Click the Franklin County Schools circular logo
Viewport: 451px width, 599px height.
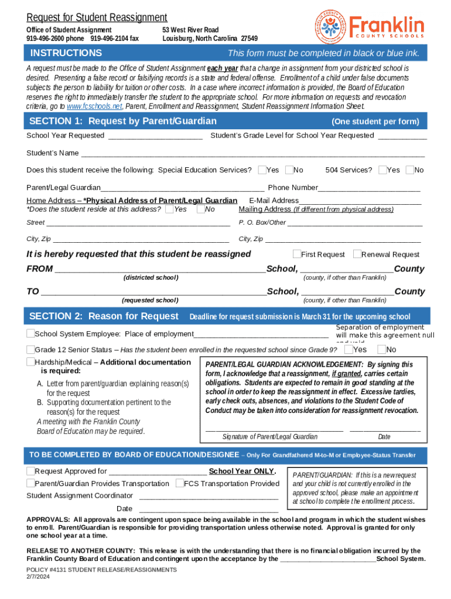(330, 27)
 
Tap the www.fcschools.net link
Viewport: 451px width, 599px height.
(95, 106)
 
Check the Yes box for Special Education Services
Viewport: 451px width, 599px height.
(262, 170)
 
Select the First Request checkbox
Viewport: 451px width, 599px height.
(296, 254)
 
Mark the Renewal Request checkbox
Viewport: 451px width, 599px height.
(357, 254)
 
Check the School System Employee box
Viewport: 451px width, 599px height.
(30, 333)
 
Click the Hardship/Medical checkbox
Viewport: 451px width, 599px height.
(30, 362)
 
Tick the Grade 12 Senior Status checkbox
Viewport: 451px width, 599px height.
(30, 349)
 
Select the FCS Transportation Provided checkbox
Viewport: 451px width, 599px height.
(179, 483)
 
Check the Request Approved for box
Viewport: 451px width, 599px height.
(30, 471)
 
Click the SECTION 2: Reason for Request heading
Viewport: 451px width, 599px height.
(104, 316)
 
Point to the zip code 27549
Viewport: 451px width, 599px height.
(249, 39)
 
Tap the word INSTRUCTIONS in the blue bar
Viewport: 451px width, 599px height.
(66, 53)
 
